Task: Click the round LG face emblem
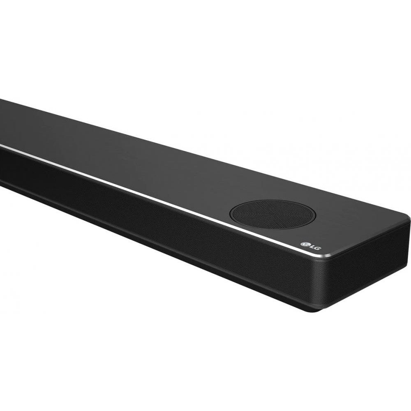tap(305, 244)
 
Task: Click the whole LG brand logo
tap(310, 245)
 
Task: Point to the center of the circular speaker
tap(272, 214)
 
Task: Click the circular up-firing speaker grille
tap(272, 214)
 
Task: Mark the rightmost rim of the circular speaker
tap(315, 215)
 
